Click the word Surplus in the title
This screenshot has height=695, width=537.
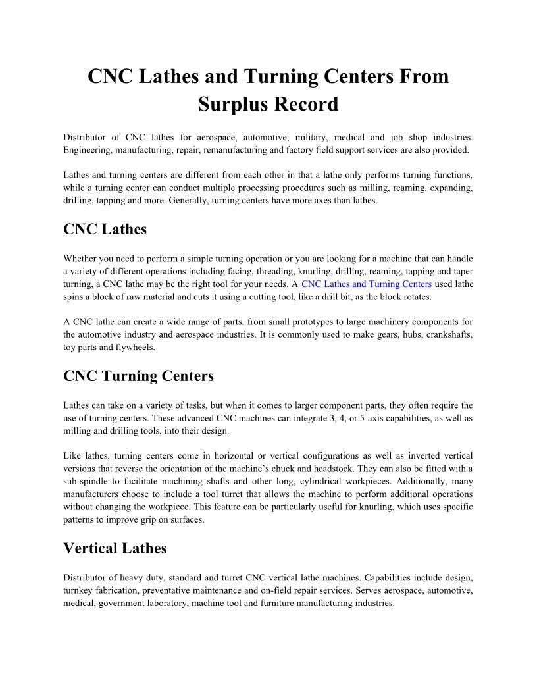coord(232,104)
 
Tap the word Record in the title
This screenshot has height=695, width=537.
coord(305,104)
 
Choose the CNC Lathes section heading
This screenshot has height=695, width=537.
coord(105,229)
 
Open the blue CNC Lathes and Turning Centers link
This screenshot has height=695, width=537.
coord(367,284)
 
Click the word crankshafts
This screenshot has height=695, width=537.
coord(446,334)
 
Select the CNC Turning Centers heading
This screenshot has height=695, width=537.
coord(138,376)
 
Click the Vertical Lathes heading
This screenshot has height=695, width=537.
coord(115,548)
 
